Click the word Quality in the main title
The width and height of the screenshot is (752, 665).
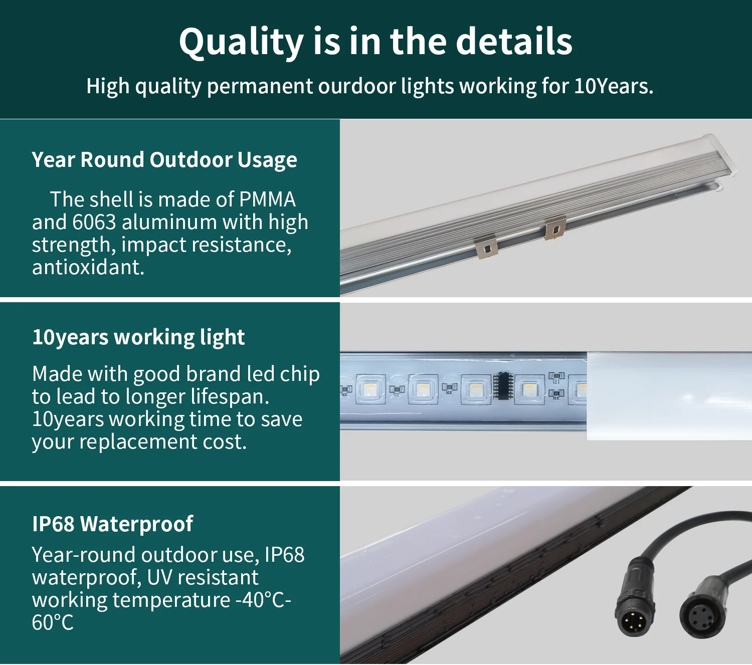(241, 42)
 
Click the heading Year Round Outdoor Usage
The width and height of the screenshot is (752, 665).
(164, 160)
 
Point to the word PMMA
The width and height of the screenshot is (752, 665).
(267, 199)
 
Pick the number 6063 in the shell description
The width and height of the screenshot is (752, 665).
(94, 222)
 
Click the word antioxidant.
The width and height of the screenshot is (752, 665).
(88, 267)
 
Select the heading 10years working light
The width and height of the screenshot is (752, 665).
(138, 337)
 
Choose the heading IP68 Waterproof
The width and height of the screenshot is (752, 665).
(112, 524)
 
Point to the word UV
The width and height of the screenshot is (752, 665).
(159, 577)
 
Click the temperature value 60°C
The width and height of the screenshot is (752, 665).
(53, 622)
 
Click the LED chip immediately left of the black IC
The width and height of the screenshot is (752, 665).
(475, 389)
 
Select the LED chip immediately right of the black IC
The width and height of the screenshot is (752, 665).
(529, 389)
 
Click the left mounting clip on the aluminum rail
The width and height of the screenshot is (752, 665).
(485, 247)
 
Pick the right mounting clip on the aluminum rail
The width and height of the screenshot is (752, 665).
(555, 228)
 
